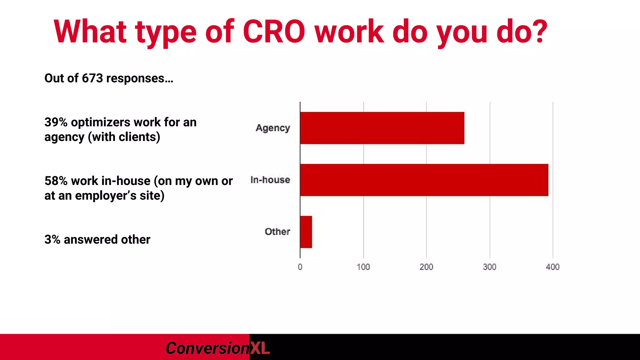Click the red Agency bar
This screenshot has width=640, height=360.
click(382, 128)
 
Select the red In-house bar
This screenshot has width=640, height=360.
click(424, 180)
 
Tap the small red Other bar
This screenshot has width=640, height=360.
click(306, 232)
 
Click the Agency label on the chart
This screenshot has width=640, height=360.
click(273, 128)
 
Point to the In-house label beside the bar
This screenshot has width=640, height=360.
click(270, 180)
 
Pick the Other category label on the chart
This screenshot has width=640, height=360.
click(277, 232)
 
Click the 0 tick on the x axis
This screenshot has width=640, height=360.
click(300, 267)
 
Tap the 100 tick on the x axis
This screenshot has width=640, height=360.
click(363, 267)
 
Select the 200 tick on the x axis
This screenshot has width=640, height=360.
click(426, 267)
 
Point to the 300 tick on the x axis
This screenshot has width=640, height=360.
click(489, 267)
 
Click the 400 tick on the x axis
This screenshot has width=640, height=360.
click(552, 267)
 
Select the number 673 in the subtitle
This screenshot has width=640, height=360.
click(92, 78)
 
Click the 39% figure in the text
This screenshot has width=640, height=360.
click(56, 122)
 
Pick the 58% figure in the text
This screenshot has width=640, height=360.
click(56, 181)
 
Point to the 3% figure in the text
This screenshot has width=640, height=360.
click(52, 240)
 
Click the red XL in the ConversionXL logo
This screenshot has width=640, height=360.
click(260, 348)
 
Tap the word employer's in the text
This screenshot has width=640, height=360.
click(106, 196)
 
